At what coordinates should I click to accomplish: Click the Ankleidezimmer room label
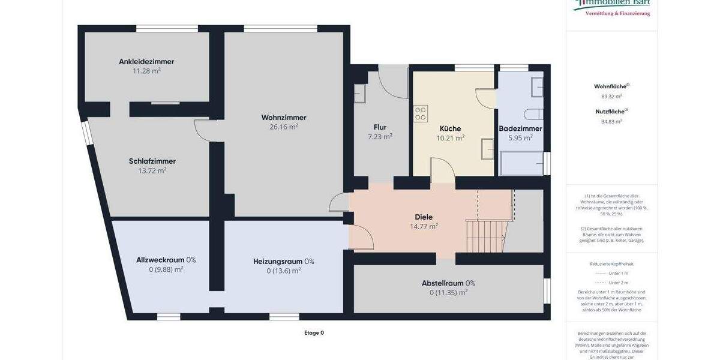[x=146, y=61]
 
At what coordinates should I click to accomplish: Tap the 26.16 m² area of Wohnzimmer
[x=284, y=127]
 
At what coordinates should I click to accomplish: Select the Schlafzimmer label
[x=152, y=161]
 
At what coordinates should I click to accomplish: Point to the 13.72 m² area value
[x=152, y=170]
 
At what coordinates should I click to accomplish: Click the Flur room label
[x=380, y=127]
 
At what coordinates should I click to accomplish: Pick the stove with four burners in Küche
[x=421, y=113]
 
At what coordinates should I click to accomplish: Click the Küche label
[x=450, y=128]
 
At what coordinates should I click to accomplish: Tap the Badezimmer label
[x=520, y=128]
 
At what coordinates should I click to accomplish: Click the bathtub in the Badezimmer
[x=521, y=163]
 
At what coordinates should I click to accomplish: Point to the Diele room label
[x=424, y=217]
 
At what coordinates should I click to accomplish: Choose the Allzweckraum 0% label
[x=166, y=260]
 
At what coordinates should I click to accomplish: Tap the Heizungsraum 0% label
[x=283, y=261]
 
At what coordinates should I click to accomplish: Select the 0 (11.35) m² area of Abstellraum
[x=448, y=293]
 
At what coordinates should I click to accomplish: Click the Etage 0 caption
[x=314, y=332]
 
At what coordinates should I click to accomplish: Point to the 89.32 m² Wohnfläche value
[x=611, y=96]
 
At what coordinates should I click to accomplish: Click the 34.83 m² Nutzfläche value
[x=611, y=121]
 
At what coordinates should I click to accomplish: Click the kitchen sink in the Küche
[x=487, y=149]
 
